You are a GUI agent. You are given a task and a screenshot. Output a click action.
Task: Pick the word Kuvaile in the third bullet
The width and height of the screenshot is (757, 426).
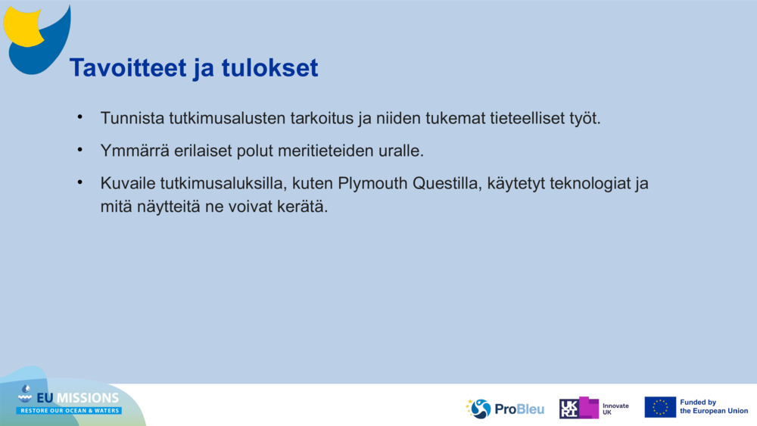point(126,183)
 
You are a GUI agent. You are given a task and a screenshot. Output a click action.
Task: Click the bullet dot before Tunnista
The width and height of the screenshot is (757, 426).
point(79,118)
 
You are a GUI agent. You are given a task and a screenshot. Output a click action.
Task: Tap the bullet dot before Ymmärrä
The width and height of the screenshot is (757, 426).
point(79,150)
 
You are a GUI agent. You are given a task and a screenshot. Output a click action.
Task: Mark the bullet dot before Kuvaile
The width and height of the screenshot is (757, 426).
point(79,182)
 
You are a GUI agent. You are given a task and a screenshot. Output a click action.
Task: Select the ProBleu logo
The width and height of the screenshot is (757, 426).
point(506,409)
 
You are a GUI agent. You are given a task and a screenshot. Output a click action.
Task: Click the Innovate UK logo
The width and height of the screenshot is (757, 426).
point(594,409)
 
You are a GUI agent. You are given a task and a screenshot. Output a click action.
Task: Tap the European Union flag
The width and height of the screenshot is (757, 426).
point(660,407)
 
